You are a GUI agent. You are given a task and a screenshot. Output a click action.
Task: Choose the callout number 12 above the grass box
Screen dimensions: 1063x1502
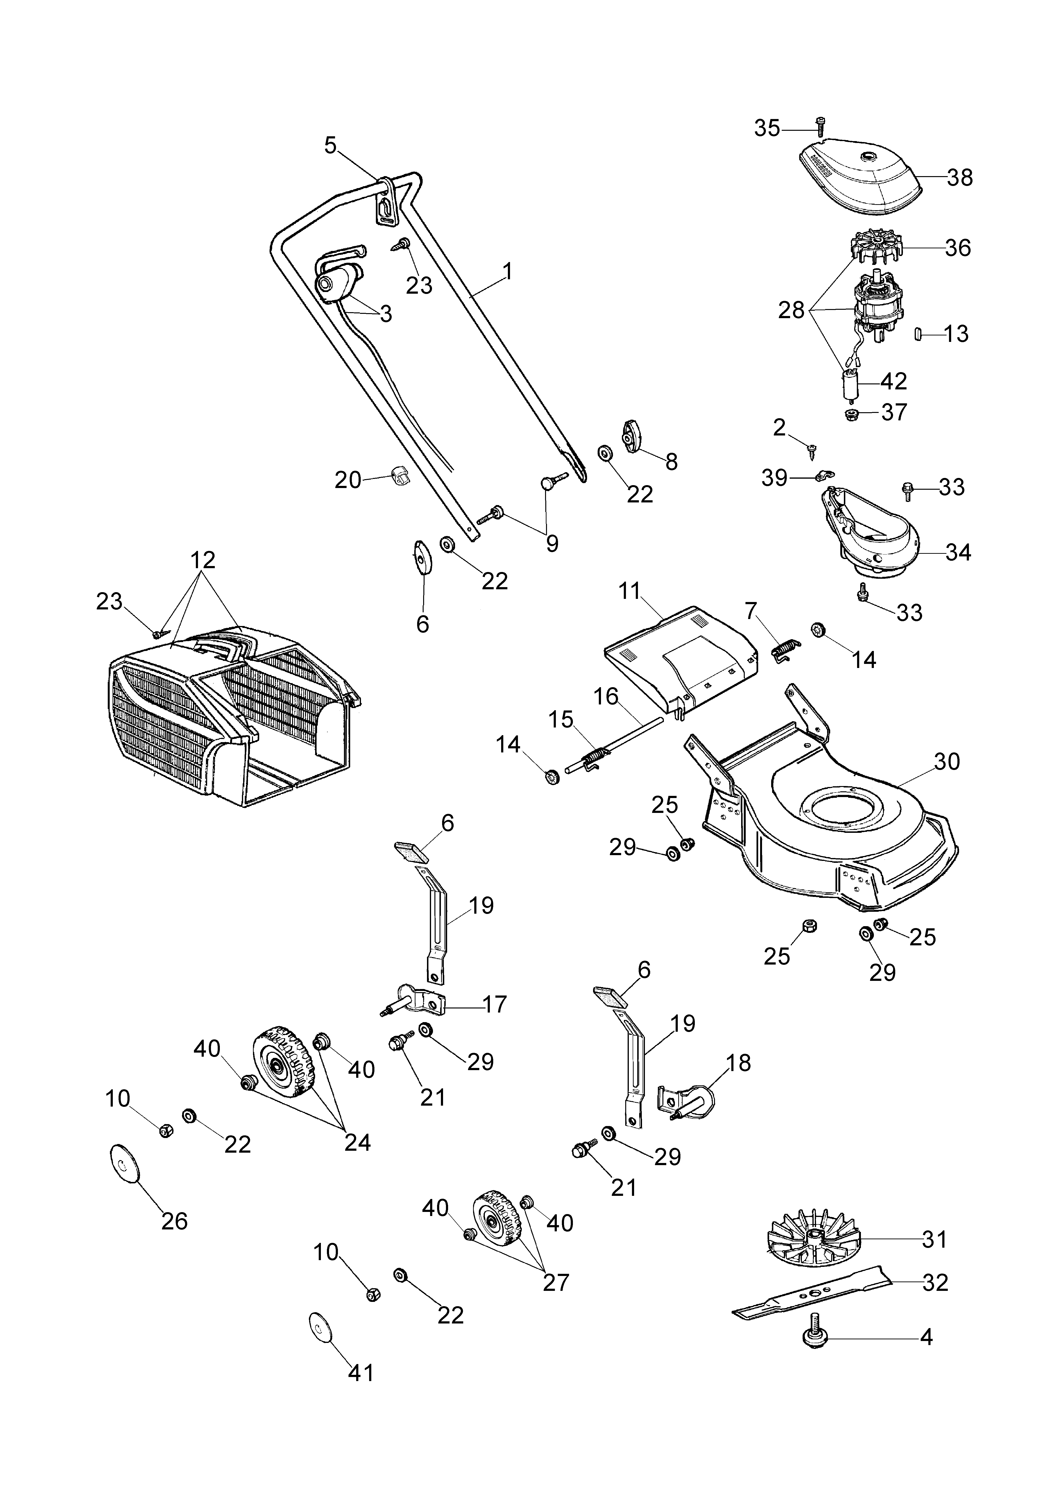coord(203,560)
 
